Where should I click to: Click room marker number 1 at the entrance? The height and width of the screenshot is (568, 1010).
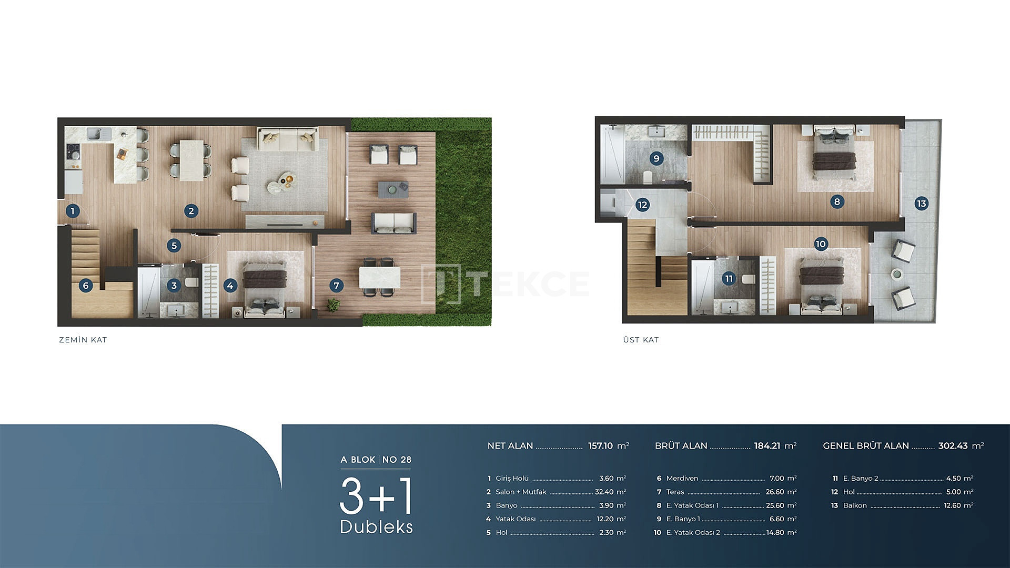[73, 211]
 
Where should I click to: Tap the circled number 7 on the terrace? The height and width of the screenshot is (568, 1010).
[337, 286]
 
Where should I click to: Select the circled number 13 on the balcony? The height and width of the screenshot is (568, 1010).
[921, 204]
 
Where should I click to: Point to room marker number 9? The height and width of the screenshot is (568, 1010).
[656, 158]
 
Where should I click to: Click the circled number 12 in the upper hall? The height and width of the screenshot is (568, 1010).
[642, 205]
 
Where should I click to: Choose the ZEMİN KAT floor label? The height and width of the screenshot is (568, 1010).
[83, 340]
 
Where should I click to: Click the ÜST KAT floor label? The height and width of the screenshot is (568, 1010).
[641, 340]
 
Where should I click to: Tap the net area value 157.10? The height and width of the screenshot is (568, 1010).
[600, 445]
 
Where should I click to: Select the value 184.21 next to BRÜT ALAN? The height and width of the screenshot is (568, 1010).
[767, 445]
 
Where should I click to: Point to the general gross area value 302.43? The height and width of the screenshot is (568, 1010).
[953, 445]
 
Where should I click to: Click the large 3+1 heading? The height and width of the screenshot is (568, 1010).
[376, 496]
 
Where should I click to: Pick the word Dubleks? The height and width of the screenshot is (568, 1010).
[377, 527]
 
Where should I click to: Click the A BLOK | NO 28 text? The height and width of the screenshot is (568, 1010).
[376, 460]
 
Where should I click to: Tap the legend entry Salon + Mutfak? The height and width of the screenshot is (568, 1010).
[521, 492]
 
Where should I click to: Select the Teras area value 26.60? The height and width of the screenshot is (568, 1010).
[775, 492]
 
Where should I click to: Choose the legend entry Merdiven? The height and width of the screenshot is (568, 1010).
[682, 478]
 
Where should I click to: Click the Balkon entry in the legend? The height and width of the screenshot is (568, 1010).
[855, 505]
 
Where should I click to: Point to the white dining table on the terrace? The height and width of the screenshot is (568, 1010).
[379, 278]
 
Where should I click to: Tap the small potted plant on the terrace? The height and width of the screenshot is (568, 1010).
[333, 305]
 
